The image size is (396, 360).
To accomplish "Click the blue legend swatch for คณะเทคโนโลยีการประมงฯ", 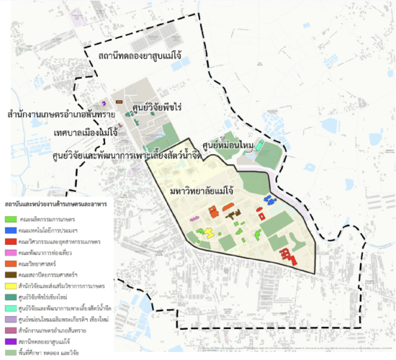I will [x=10, y=230].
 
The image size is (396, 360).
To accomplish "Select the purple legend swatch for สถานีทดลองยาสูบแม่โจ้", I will [x=10, y=341].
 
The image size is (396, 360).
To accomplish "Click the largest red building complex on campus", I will [x=289, y=256].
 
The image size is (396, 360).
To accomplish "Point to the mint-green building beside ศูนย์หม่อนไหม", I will [x=260, y=153].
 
